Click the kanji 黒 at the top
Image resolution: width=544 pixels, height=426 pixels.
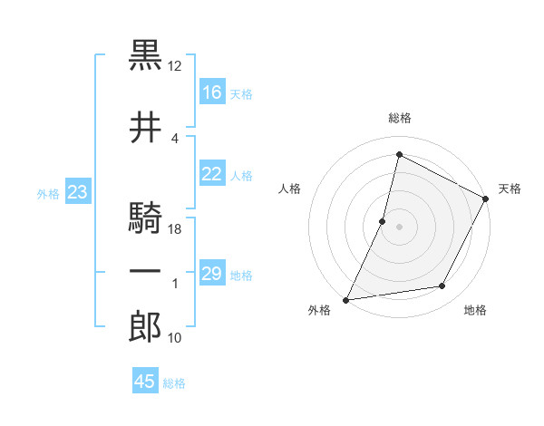click(145, 56)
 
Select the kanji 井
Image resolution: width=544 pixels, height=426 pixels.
click(145, 129)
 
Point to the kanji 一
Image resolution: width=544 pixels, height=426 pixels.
click(145, 274)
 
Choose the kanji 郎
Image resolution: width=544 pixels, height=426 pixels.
click(145, 327)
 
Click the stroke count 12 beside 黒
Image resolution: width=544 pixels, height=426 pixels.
click(175, 67)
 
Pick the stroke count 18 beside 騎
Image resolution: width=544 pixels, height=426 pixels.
click(175, 229)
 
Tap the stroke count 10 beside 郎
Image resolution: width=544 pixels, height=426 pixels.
click(175, 338)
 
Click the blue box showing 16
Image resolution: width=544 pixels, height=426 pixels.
click(212, 92)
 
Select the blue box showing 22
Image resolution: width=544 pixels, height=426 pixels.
click(212, 175)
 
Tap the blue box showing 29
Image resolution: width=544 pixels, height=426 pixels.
click(212, 274)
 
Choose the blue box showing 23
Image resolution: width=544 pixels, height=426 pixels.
click(78, 192)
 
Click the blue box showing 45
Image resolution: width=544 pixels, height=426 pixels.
click(145, 382)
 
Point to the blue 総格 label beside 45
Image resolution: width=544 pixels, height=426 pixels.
click(174, 383)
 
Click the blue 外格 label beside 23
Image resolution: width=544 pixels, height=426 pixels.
click(48, 193)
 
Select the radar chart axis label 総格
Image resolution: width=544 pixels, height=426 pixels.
click(399, 118)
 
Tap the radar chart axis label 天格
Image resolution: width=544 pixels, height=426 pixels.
click(510, 189)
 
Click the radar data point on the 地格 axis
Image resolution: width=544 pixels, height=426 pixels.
click(442, 286)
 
